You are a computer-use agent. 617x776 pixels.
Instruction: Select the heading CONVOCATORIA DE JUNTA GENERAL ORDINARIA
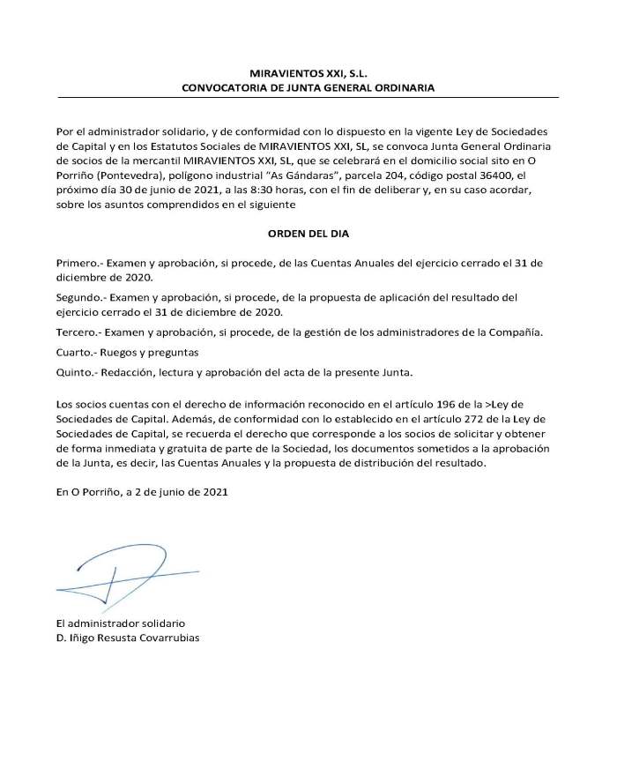point(308,88)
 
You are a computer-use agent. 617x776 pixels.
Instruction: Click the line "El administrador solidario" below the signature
point(120,623)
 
